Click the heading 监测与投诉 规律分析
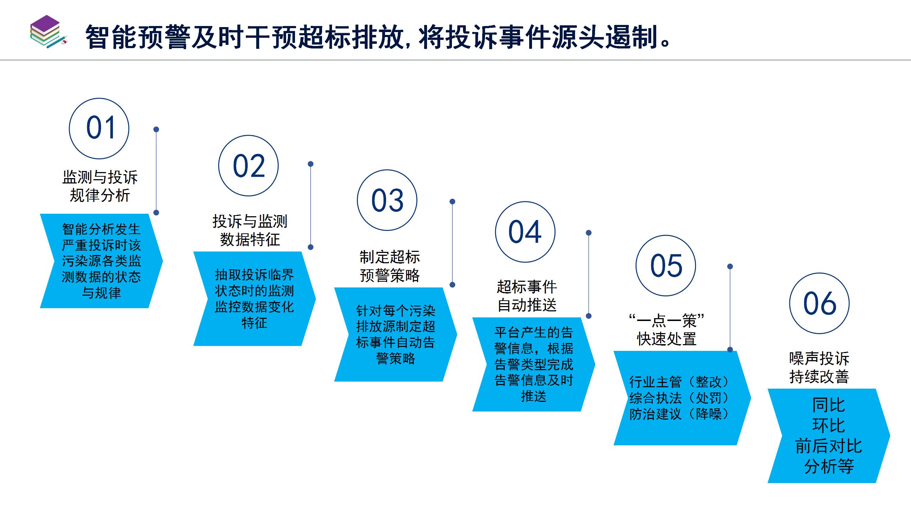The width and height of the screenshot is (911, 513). (100, 186)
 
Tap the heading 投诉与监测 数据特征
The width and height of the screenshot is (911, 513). (250, 230)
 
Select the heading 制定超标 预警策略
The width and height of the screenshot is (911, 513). (390, 266)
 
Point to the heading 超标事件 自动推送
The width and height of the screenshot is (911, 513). (527, 296)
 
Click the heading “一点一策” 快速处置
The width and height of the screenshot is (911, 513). (667, 330)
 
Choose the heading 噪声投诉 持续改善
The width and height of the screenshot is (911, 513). (819, 367)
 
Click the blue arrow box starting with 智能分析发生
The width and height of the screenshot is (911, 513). (101, 261)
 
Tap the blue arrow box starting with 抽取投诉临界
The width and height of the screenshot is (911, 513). (254, 299)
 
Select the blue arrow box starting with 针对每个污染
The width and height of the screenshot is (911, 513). (396, 335)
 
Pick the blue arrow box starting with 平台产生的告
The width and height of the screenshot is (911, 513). (534, 364)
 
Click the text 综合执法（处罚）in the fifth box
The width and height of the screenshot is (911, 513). (679, 398)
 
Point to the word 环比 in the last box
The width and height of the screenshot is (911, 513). (828, 425)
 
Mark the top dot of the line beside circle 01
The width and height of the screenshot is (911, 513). (156, 129)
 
